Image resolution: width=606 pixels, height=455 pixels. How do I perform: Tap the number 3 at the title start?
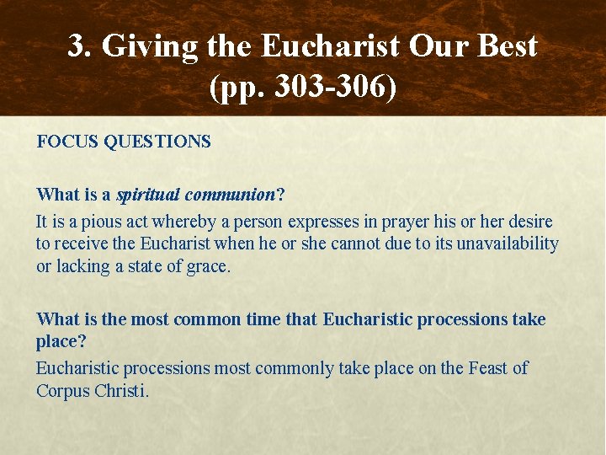[x=77, y=46]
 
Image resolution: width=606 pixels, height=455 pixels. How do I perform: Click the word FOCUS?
[x=67, y=142]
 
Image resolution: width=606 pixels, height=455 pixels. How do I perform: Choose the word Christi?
[x=122, y=390]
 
